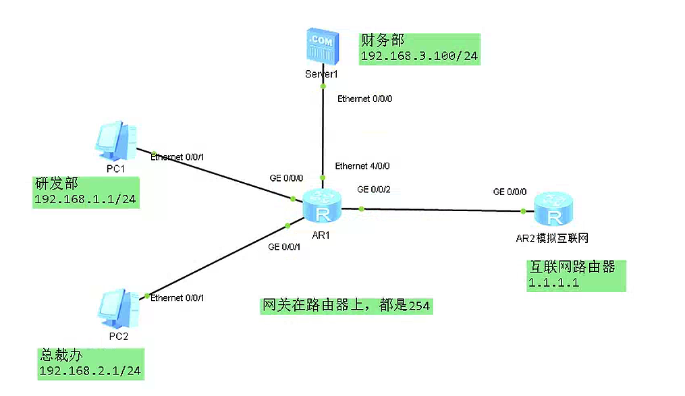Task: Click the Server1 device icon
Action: pos(322,45)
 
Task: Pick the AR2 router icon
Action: pos(553,210)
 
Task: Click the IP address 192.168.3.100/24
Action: pos(419,56)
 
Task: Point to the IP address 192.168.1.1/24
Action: pos(86,199)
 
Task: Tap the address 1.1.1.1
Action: pos(553,283)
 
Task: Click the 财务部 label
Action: pos(382,40)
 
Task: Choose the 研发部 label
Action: pos(56,184)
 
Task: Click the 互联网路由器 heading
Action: pos(572,267)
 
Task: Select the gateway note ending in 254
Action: pos(346,306)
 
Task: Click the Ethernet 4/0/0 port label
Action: pos(362,166)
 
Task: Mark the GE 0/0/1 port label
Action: pos(284,248)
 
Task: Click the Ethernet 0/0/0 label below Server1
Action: pos(364,98)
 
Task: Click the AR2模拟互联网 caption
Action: pos(553,238)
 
